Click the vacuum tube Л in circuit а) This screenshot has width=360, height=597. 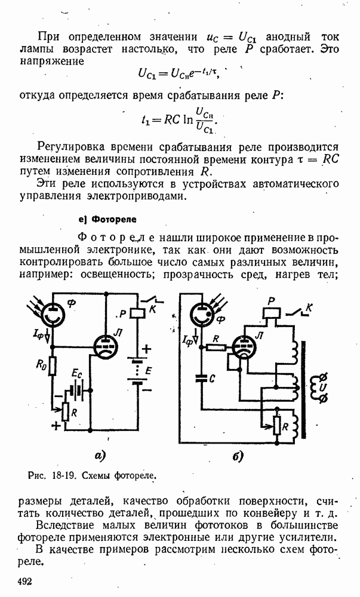107,346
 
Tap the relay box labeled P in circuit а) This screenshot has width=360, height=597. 137,313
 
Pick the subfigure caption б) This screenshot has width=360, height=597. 238,457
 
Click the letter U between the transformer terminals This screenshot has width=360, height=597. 324,387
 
